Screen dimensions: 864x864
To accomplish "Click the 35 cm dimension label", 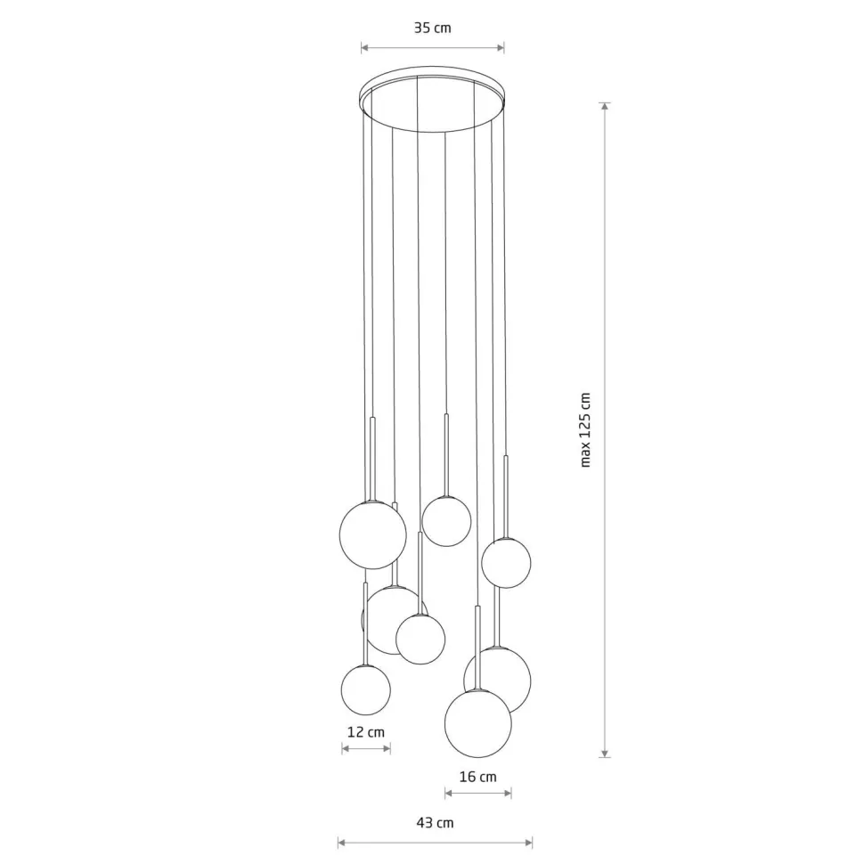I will tap(432, 28).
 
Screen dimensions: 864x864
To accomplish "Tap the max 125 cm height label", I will tap(586, 429).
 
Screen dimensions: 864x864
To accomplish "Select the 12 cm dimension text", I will tap(365, 731).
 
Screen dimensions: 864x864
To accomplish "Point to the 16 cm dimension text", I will tap(477, 777).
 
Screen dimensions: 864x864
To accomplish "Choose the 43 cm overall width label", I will tap(435, 822).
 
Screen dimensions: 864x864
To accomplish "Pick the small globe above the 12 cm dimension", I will tap(366, 689).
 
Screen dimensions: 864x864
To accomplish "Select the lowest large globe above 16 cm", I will tap(478, 723).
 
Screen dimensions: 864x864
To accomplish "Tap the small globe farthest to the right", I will tap(507, 563).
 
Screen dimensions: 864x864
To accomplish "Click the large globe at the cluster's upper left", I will tap(372, 534).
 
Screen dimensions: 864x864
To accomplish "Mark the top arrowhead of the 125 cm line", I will tap(606, 106).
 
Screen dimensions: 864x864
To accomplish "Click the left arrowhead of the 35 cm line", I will tap(363, 48).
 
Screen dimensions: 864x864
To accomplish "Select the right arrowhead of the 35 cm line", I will tap(501, 48).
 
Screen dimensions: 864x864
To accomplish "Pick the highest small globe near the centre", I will tap(446, 521).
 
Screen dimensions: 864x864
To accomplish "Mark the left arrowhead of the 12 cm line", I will tap(345, 749).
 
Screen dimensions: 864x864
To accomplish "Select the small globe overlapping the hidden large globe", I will tap(420, 639).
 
